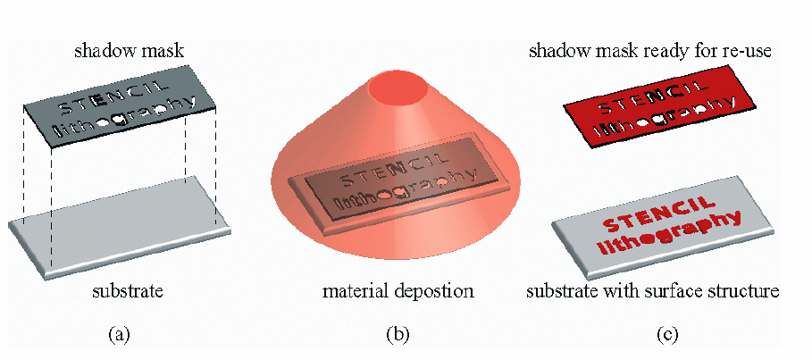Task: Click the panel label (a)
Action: tap(118, 336)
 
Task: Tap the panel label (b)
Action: tap(397, 336)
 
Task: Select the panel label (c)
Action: tap(666, 336)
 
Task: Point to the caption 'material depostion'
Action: tap(398, 291)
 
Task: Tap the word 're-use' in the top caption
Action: tap(745, 51)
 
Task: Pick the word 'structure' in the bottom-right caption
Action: tap(749, 291)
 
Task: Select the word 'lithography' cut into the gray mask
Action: tap(126, 119)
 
